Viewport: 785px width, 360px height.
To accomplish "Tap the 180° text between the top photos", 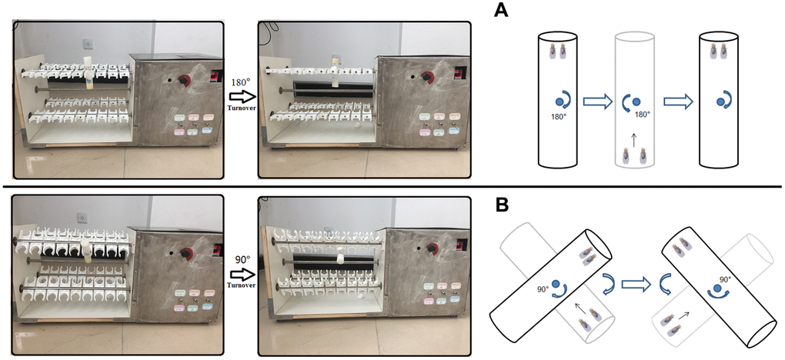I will click(x=242, y=81).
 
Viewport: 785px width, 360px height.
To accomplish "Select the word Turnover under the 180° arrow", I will click(x=241, y=108).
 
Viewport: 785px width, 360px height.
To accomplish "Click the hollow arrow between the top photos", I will click(x=241, y=95).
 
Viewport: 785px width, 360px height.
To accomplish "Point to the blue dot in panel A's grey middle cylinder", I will click(x=636, y=100).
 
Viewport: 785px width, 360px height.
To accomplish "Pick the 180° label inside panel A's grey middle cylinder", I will click(x=642, y=114).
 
